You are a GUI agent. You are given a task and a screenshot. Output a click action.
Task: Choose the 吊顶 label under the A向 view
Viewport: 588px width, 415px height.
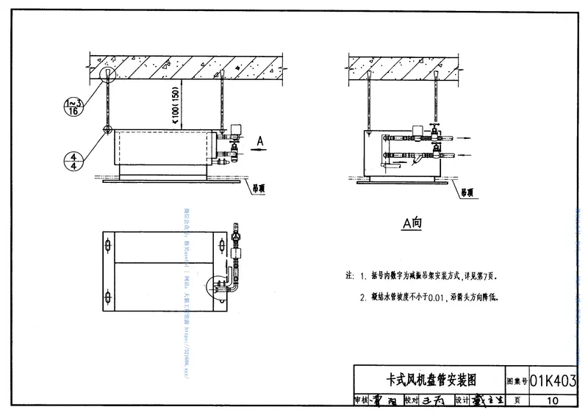click(x=468, y=192)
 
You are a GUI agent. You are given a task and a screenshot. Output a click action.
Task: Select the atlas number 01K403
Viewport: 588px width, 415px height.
click(x=553, y=380)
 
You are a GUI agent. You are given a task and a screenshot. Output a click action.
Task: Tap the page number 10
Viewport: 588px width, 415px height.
click(x=553, y=400)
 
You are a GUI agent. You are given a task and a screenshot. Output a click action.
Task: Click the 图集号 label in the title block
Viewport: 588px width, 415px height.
click(x=517, y=381)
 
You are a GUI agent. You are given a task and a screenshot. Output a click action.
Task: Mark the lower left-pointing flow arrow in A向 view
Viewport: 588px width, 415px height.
click(x=462, y=154)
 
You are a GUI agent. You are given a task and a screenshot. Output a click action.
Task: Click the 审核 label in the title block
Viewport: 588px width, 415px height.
click(x=360, y=400)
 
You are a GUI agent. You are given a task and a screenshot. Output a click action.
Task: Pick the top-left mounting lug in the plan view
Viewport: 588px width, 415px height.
click(x=109, y=243)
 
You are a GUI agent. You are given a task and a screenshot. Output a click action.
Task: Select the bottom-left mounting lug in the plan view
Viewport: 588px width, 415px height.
click(x=109, y=297)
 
